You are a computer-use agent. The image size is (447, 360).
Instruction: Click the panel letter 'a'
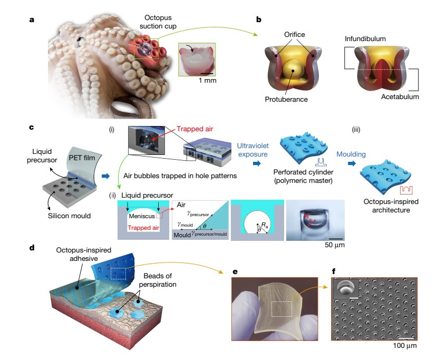(x=32, y=20)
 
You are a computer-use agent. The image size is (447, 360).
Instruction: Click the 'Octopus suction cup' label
(x=158, y=22)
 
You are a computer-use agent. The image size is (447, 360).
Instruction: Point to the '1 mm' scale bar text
(x=208, y=81)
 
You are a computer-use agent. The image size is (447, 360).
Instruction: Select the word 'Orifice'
(x=295, y=34)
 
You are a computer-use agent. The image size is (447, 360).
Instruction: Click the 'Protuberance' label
(x=286, y=100)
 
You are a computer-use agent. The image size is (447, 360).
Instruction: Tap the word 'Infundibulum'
(x=365, y=39)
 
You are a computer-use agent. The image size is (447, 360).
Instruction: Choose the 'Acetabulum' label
(x=400, y=96)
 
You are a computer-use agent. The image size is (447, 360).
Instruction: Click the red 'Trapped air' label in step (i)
(x=195, y=129)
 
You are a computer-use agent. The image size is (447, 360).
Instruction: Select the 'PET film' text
(x=82, y=158)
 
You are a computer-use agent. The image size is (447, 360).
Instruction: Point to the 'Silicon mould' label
(x=69, y=216)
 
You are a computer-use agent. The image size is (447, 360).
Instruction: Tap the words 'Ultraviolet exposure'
(x=253, y=150)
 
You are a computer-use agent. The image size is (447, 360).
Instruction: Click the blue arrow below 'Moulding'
(x=352, y=163)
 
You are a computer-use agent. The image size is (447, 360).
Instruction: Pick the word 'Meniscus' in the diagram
(x=142, y=216)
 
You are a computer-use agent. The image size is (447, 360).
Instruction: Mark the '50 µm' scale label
(x=335, y=245)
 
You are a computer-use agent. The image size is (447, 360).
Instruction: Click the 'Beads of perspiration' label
(x=158, y=280)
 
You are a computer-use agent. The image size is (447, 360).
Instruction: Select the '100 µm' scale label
(x=405, y=346)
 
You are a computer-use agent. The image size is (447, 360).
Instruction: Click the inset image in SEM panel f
(x=346, y=289)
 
